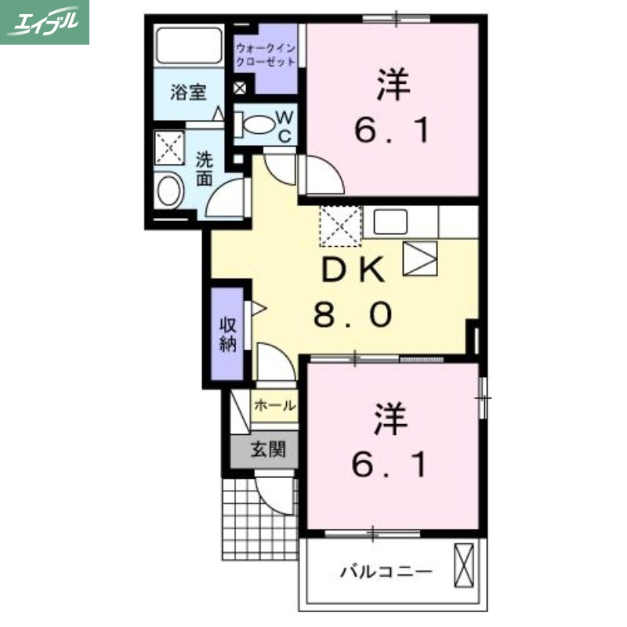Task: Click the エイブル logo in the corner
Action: pos(45,22)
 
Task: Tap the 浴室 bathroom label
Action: pos(188,92)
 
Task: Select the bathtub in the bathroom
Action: pos(188,45)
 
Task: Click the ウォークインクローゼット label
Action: pos(266,53)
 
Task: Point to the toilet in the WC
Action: pos(255,124)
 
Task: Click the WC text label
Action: pos(285,125)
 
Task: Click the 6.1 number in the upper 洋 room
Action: pos(392,130)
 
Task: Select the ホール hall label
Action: pos(275,406)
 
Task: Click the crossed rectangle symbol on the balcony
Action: pos(464,564)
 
